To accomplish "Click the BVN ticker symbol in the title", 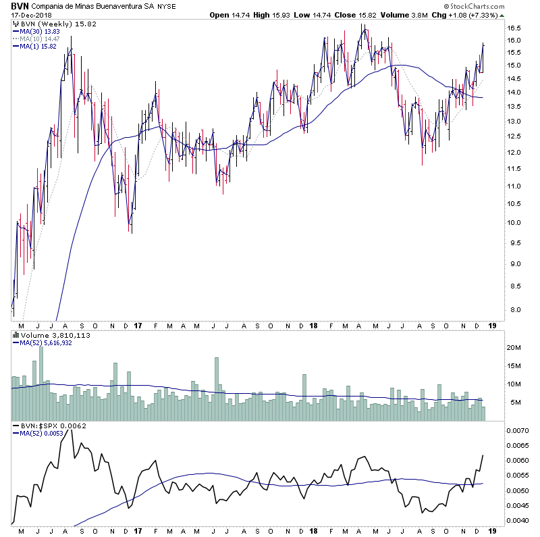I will (19, 6).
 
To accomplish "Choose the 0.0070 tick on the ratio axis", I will (520, 430).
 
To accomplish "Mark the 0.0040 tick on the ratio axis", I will (520, 520).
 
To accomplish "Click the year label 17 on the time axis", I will (138, 531).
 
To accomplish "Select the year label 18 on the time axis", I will (313, 531).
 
